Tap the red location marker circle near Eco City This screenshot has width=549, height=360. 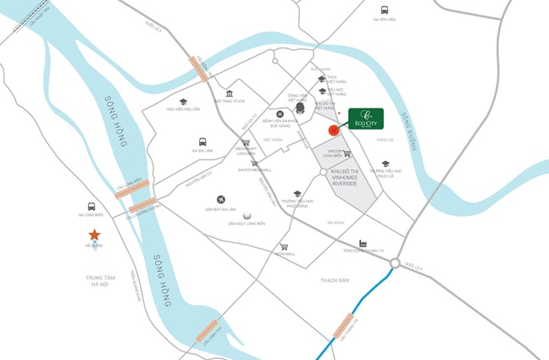click(334, 130)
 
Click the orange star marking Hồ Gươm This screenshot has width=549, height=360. click(94, 234)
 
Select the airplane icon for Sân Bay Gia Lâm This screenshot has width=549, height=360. click(220, 199)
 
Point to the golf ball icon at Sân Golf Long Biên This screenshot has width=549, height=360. click(247, 216)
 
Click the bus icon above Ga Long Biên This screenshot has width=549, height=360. click(91, 206)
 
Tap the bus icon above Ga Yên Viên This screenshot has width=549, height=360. click(385, 7)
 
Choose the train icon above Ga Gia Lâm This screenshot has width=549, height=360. click(202, 141)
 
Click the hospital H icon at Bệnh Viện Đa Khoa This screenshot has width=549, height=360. click(280, 114)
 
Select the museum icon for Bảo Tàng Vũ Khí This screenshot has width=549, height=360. click(230, 93)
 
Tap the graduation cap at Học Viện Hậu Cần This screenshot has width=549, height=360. click(183, 102)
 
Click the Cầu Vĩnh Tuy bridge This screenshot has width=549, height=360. click(211, 333)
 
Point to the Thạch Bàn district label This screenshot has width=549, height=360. click(335, 280)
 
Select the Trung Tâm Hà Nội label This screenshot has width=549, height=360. click(98, 280)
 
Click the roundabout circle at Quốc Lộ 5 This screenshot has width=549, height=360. click(395, 264)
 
